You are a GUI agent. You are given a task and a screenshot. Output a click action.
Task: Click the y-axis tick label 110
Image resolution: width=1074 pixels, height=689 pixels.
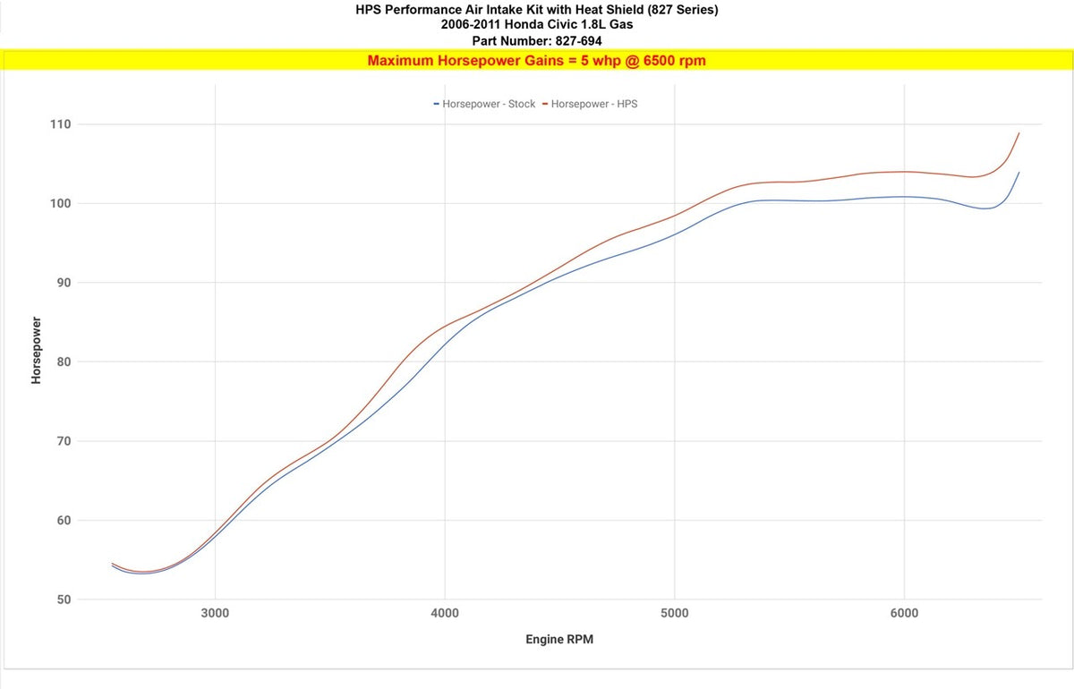pos(60,124)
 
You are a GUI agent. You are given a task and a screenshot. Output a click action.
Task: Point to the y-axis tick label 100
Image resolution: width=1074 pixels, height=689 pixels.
pos(60,203)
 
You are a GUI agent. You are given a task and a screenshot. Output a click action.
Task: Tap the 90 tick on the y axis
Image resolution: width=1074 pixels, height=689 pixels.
pos(63,283)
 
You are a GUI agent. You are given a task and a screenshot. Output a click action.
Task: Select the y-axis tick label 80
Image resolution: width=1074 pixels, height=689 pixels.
pos(63,362)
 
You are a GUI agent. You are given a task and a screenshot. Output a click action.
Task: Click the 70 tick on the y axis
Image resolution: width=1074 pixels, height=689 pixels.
pos(63,441)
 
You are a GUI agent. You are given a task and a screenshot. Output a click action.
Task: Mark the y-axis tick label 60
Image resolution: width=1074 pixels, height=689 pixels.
pos(63,521)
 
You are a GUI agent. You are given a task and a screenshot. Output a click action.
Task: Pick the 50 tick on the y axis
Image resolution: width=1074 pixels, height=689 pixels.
pos(63,600)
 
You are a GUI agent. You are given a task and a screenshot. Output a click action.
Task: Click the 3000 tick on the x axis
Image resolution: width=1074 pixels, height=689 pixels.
pos(215,613)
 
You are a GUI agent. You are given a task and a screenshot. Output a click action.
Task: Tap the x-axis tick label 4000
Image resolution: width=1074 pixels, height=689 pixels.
pos(445,613)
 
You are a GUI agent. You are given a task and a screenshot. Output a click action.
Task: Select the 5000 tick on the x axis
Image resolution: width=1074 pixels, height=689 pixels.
pos(675,613)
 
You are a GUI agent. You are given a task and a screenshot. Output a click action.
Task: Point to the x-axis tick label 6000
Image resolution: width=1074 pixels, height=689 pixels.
pos(904,613)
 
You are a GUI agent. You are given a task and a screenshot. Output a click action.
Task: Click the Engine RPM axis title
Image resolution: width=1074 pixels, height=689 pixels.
pos(559,640)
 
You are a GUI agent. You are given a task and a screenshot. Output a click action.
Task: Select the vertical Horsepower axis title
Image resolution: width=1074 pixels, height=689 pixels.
pos(37,350)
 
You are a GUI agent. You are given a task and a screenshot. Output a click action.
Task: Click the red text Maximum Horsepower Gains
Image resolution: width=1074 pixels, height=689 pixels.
pos(466,61)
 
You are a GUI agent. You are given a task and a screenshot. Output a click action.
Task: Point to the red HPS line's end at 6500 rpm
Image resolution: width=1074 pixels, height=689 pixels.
pos(1019,133)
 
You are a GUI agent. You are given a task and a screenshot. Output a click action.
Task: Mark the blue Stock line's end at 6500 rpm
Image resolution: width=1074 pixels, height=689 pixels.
pos(1019,173)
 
